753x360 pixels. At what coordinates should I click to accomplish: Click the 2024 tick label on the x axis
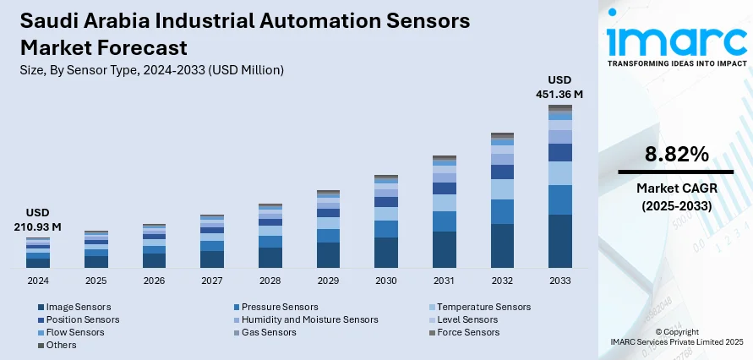point(38,280)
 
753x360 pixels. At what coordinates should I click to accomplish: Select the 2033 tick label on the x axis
point(559,280)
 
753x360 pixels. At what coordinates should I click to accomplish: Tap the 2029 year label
point(328,280)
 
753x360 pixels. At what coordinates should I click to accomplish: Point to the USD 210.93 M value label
point(38,221)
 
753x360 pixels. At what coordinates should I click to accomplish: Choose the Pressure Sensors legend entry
point(280,307)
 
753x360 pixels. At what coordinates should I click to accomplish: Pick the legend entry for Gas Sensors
point(269,332)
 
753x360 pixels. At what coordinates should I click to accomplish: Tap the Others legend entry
point(61,345)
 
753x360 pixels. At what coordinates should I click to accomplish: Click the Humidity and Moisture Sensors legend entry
point(309,319)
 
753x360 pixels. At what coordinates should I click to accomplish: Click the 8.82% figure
point(675,154)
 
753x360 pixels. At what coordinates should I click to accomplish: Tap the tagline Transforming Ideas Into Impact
point(677,63)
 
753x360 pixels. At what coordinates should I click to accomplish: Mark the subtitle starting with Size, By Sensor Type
point(151,70)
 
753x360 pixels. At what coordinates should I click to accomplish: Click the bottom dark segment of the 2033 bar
point(559,241)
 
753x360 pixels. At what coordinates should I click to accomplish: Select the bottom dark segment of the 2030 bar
point(386,252)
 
